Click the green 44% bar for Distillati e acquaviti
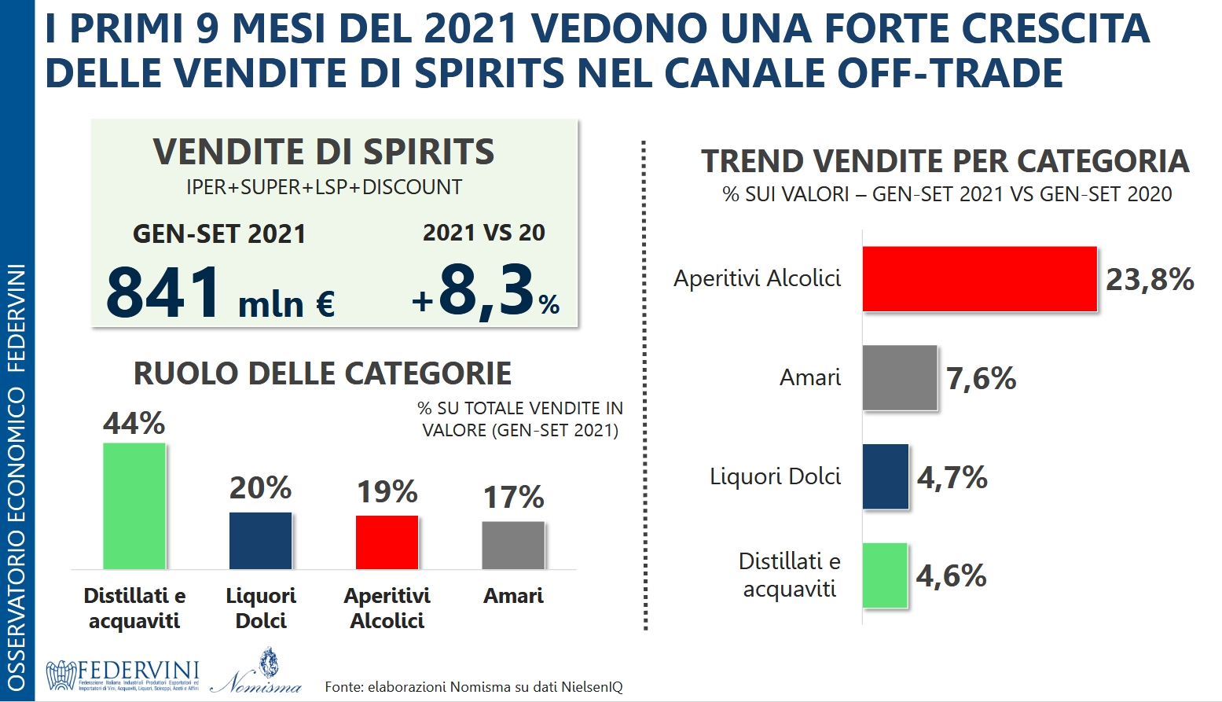[x=134, y=505]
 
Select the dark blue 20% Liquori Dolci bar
[x=260, y=540]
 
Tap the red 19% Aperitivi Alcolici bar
[x=387, y=542]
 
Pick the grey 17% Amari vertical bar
[x=513, y=545]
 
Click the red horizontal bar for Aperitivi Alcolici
[x=979, y=279]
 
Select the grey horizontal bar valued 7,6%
[x=900, y=378]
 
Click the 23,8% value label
[x=1150, y=280]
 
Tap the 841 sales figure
[x=164, y=292]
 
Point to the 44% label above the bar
[x=134, y=424]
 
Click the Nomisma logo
[x=256, y=673]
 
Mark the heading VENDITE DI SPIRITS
[x=324, y=152]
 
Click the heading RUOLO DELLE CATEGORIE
[x=322, y=373]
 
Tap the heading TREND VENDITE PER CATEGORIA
[x=945, y=161]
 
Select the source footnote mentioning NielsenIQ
[x=474, y=687]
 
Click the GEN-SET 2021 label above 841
[x=218, y=234]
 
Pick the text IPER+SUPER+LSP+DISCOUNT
[x=324, y=187]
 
